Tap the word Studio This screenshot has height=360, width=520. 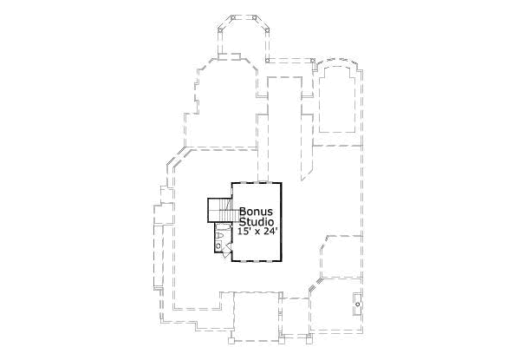coord(256,221)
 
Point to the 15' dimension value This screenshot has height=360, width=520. coord(244,232)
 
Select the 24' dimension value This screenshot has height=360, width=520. coord(270,232)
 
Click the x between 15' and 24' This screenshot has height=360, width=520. coord(257,233)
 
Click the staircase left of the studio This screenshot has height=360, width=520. coord(220,210)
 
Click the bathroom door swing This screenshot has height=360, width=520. coord(226,252)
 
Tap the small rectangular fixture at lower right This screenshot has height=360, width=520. coord(358,302)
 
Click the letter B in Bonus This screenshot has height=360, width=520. coord(244,211)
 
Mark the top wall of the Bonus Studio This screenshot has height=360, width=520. coord(257,183)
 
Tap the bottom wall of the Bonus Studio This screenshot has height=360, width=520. coord(257,259)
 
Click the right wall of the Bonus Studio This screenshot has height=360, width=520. coord(284,221)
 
